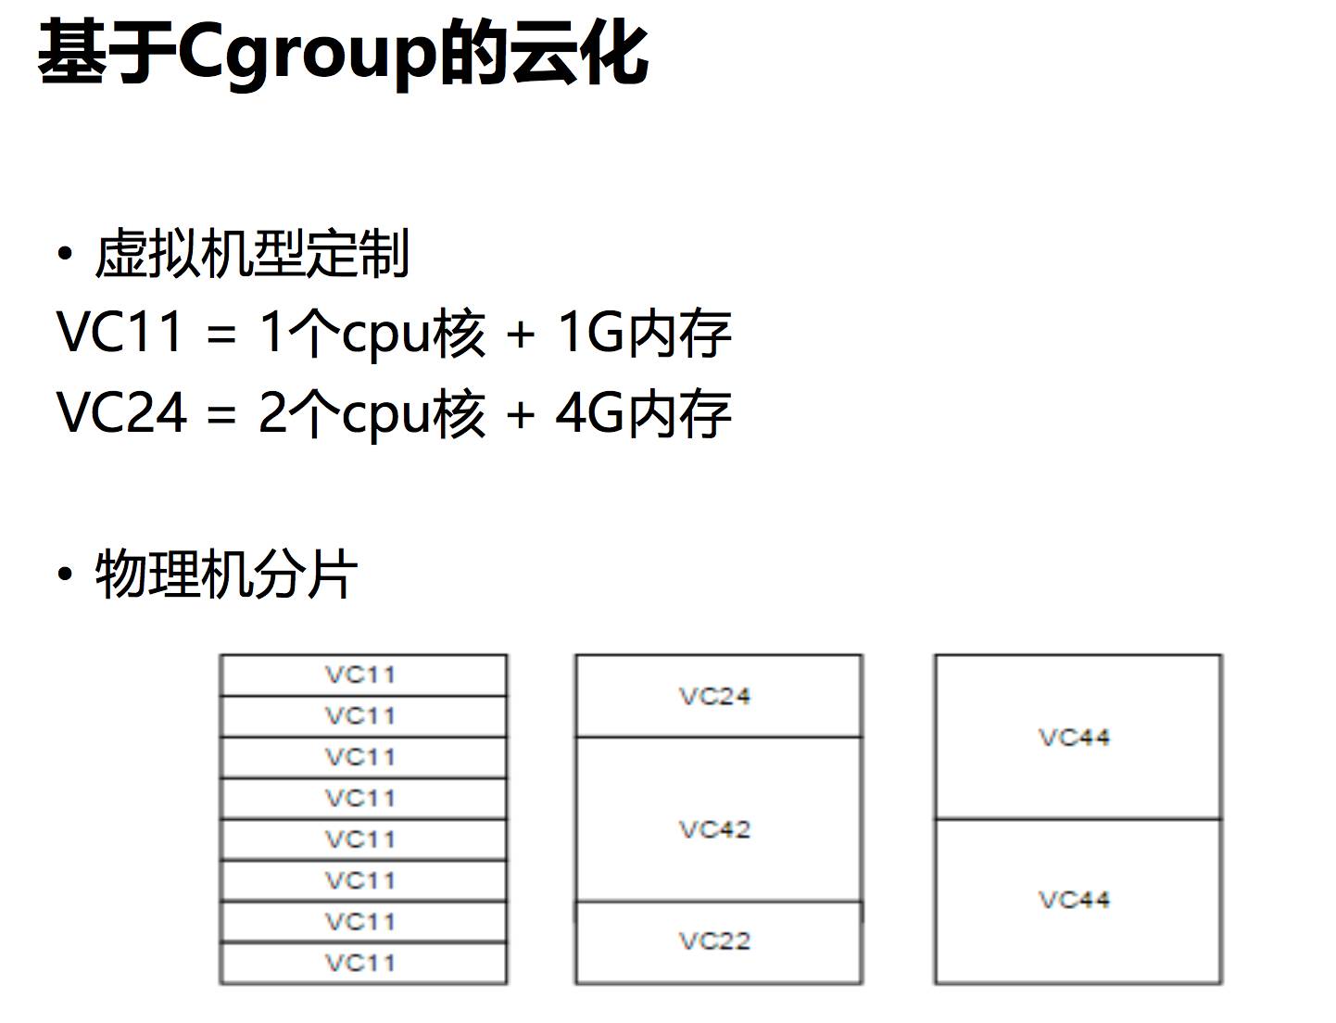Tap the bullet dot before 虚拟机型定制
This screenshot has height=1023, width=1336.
pyautogui.click(x=64, y=254)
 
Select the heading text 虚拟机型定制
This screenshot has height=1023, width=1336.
pyautogui.click(x=252, y=254)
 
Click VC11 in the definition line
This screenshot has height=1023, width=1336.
pyautogui.click(x=120, y=332)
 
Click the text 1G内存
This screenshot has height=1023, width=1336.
pyautogui.click(x=644, y=332)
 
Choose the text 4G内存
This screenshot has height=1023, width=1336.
pyautogui.click(x=644, y=412)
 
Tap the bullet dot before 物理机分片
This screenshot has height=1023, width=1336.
pyautogui.click(x=64, y=575)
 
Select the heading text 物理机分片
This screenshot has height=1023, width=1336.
pyautogui.click(x=226, y=575)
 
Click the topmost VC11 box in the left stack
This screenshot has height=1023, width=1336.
pyautogui.click(x=362, y=675)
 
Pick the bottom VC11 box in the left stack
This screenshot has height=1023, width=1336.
pyautogui.click(x=362, y=964)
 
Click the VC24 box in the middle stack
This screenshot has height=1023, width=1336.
pyautogui.click(x=717, y=696)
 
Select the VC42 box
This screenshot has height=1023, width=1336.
pyautogui.click(x=717, y=827)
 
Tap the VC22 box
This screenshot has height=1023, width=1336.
pyautogui.click(x=717, y=941)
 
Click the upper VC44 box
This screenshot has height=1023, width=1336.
pyautogui.click(x=1077, y=738)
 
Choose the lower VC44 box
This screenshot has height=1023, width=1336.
pyautogui.click(x=1077, y=900)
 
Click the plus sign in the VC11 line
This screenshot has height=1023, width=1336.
pyautogui.click(x=521, y=334)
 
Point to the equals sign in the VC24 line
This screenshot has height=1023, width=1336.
pyautogui.click(x=221, y=414)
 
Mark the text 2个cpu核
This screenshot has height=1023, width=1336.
pyautogui.click(x=372, y=412)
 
